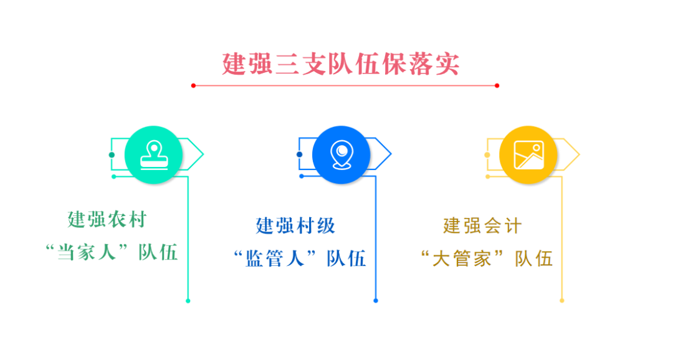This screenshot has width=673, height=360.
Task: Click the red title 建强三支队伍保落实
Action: click(341, 64)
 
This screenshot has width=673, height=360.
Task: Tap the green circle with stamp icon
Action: click(154, 155)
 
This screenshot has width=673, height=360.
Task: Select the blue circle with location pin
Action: click(341, 155)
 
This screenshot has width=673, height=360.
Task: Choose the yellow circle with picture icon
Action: click(528, 155)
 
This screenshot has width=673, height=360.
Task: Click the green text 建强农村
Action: click(107, 219)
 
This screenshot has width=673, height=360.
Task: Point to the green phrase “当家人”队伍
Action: click(111, 252)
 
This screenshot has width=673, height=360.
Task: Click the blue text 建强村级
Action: click(295, 225)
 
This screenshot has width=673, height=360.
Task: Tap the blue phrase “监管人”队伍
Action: click(299, 258)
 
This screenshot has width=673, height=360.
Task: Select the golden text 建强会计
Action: click(482, 225)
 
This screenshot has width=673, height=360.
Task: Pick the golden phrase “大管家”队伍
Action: click(486, 258)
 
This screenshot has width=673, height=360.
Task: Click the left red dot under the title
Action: click(194, 86)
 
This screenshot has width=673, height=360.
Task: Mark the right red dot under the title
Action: click(497, 86)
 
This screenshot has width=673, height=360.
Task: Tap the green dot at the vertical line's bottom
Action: click(188, 301)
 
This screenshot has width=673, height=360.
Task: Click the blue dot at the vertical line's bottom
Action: click(376, 301)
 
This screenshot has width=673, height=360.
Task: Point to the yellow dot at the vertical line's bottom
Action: click(562, 301)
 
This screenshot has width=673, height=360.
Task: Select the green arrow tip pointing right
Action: click(203, 154)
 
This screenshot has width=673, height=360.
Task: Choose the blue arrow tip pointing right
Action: click(391, 154)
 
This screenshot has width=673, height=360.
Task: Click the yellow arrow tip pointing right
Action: click(580, 154)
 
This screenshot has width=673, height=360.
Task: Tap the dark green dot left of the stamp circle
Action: click(112, 155)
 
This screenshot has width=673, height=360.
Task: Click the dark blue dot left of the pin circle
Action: click(299, 154)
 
